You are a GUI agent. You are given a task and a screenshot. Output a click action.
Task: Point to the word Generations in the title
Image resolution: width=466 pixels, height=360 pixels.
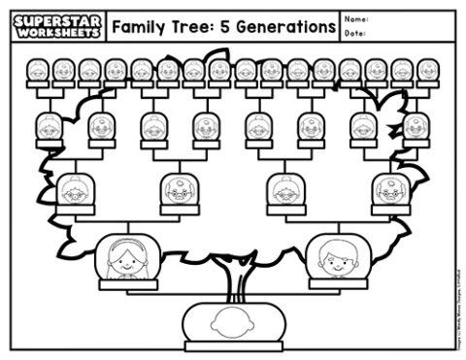[283, 26]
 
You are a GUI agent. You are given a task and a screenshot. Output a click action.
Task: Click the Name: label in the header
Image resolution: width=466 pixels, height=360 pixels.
[356, 17]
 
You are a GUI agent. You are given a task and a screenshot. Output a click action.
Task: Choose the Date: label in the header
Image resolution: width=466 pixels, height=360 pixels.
[355, 34]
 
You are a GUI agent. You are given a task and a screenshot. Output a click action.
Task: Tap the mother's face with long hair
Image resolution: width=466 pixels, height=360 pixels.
[124, 256]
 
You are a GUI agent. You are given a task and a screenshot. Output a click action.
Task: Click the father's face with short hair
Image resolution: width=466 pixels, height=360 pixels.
[337, 256]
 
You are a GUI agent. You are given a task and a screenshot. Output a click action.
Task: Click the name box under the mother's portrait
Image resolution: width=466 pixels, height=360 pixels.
[124, 284]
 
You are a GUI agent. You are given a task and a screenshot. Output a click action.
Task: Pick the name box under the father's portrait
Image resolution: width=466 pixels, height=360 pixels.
[337, 284]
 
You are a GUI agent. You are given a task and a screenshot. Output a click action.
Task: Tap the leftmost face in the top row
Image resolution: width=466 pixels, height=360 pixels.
[38, 70]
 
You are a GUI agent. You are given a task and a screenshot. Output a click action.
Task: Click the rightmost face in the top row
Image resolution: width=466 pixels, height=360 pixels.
[426, 70]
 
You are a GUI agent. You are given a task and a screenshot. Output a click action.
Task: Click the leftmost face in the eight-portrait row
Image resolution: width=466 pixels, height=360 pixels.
[49, 126]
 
